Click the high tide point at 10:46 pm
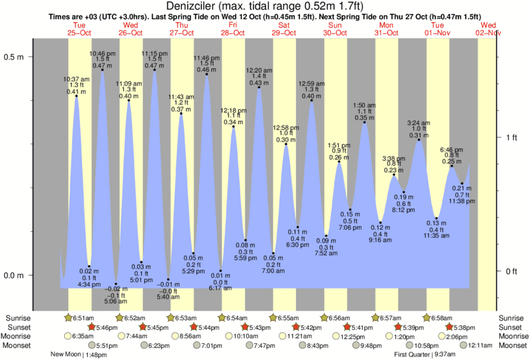tap(102, 69)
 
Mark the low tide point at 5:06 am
tap(116, 283)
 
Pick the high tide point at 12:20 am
tap(259, 87)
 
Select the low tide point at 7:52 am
tap(326, 236)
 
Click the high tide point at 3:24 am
tap(419, 139)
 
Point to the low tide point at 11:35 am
tap(436, 218)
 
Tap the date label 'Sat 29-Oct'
tap(284, 29)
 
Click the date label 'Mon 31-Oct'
tap(386, 29)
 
